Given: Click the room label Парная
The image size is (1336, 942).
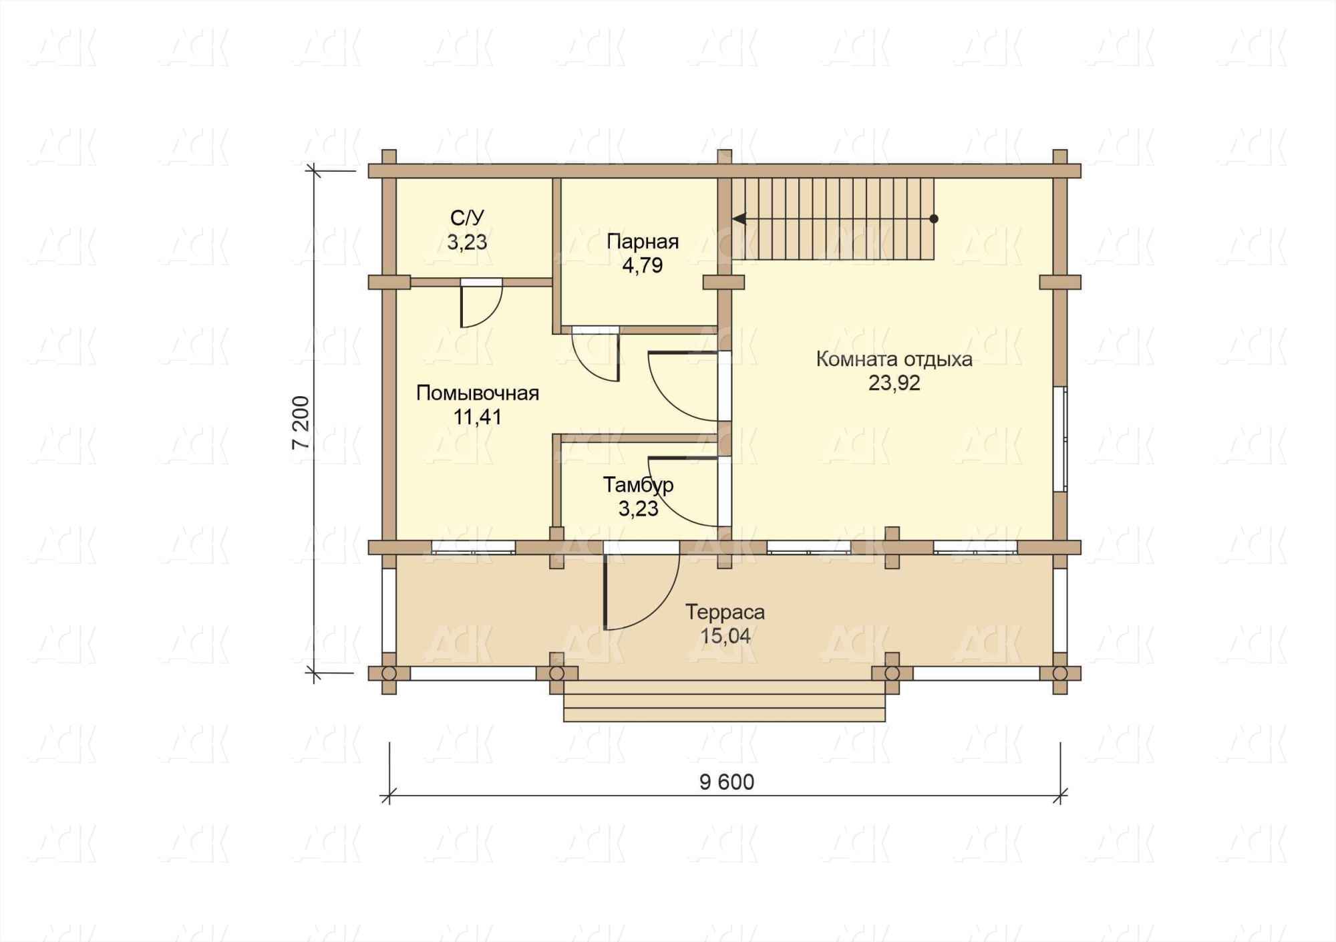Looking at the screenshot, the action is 643,241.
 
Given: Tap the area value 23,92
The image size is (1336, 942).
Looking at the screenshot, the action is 894,383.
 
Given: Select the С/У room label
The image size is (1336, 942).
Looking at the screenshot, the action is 467,218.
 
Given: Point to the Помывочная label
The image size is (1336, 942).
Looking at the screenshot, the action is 478,393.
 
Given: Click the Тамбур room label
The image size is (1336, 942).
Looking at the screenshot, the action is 639,485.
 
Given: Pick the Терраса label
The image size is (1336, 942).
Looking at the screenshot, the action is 725,612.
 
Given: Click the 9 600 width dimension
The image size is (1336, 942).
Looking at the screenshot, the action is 727,782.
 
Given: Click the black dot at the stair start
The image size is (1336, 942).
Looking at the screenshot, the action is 934,218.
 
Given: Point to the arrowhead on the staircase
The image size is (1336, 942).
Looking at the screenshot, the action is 739,218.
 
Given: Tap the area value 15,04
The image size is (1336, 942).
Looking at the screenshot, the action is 725,636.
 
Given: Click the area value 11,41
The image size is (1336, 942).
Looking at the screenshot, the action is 478,417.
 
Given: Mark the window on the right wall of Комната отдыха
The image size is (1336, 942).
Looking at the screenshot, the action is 1060,439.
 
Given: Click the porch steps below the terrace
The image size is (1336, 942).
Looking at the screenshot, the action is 724,700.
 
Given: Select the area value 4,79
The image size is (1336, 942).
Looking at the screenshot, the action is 643,265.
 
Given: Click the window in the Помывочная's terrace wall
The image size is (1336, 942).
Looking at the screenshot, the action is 473,547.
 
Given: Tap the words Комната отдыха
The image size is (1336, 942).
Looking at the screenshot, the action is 894,359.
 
